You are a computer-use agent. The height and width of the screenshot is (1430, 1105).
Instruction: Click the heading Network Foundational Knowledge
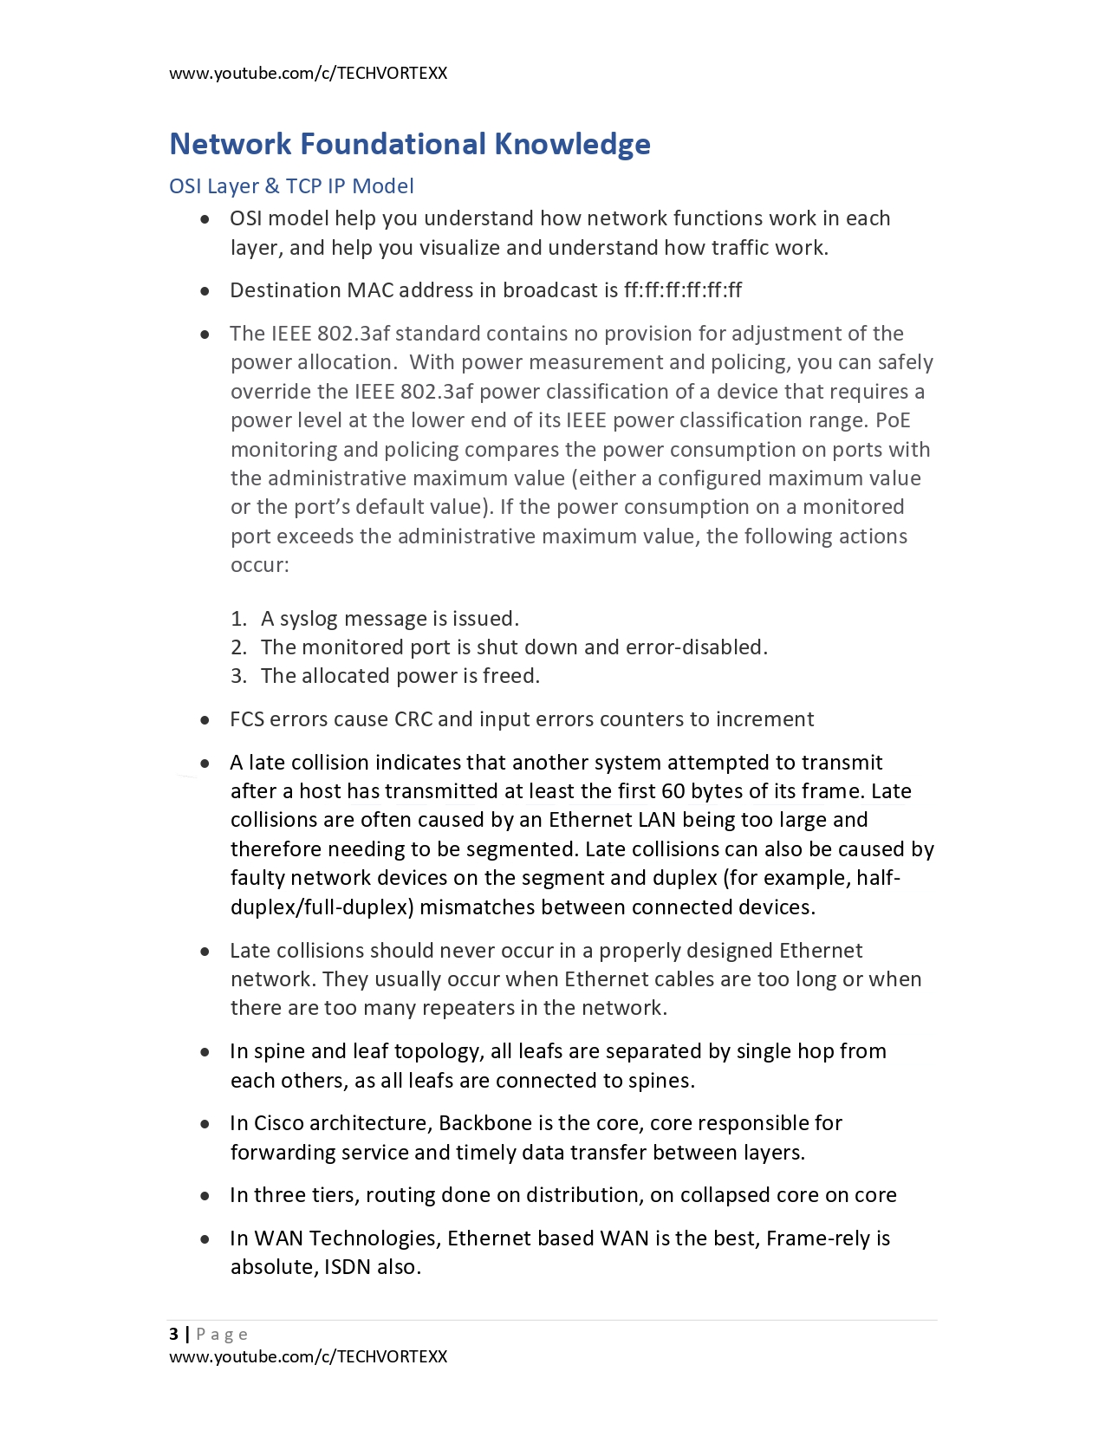(x=409, y=144)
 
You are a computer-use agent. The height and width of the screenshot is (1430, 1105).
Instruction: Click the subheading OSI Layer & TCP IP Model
(x=291, y=186)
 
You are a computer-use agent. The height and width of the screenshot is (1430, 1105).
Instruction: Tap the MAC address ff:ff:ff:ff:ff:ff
(x=682, y=290)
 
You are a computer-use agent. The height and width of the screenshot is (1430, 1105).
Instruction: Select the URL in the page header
(x=308, y=74)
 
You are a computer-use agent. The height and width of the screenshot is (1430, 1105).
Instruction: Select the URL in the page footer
(x=308, y=1356)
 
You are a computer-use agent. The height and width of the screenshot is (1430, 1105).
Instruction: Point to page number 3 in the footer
(x=174, y=1334)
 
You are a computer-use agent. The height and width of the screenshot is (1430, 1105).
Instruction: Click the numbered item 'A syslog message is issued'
(x=389, y=619)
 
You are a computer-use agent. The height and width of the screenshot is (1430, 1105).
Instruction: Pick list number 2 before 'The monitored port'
(x=238, y=647)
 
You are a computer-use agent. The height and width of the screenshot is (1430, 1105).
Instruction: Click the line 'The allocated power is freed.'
(x=400, y=676)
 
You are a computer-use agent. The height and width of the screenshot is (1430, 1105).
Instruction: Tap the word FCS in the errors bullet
(x=247, y=719)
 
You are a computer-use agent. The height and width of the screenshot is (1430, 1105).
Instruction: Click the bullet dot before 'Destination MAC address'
(x=205, y=291)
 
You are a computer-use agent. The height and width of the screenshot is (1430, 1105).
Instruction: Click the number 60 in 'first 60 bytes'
(x=673, y=791)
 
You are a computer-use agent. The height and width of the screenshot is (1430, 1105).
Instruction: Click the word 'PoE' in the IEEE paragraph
(x=893, y=420)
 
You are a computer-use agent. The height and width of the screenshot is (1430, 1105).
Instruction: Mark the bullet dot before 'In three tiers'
(x=205, y=1196)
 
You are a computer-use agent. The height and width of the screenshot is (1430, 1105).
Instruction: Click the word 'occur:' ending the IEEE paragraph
(x=259, y=565)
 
